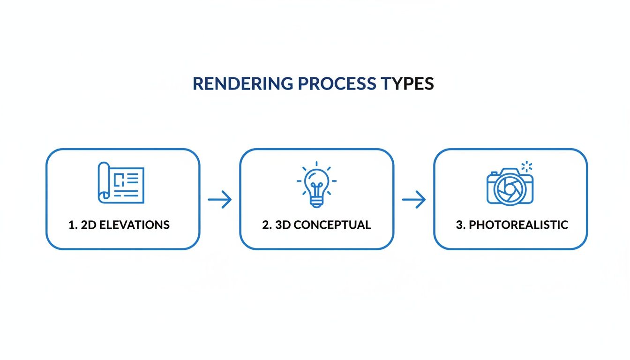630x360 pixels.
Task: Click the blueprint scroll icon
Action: point(121,183)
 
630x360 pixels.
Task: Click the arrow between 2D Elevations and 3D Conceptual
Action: point(220,200)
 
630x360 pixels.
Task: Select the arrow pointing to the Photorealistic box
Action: point(414,200)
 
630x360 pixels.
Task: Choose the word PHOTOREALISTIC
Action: point(518,225)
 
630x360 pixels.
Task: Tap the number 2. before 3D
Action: point(266,225)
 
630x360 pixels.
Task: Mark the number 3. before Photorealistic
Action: point(460,225)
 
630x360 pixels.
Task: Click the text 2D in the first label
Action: point(89,225)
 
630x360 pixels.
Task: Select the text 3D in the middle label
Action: point(283,225)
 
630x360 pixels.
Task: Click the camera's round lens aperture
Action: point(507,187)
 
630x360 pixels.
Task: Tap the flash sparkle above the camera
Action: point(527,166)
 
